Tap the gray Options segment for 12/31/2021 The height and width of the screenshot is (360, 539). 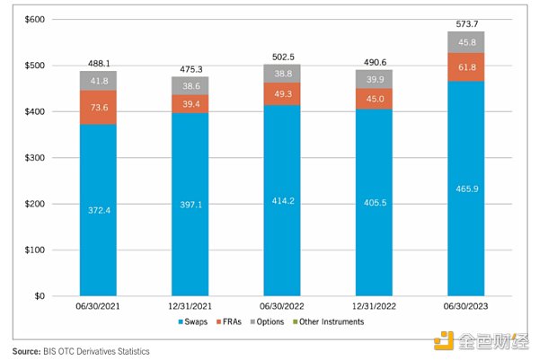click(190, 85)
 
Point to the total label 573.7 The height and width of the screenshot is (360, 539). click(466, 22)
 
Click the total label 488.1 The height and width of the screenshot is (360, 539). click(99, 64)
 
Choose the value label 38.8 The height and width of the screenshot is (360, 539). click(282, 73)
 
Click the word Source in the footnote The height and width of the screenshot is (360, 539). click(26, 351)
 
